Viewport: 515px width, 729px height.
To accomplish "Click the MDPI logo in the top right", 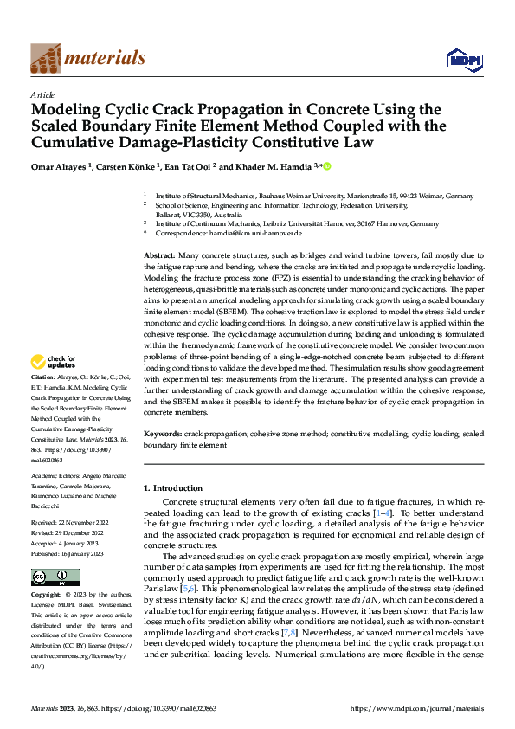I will (460, 59).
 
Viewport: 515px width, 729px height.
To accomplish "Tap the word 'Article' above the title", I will (42, 94).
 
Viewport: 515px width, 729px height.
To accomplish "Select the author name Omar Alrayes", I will (61, 166).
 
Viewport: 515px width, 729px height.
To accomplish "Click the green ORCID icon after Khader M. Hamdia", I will (326, 165).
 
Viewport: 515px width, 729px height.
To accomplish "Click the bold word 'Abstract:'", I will (159, 257).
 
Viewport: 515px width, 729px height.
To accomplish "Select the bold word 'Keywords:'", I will (162, 432).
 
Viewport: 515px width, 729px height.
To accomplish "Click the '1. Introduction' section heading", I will (174, 488).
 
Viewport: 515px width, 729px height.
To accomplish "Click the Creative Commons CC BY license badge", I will (55, 577).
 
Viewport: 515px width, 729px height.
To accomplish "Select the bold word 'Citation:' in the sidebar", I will (42, 403).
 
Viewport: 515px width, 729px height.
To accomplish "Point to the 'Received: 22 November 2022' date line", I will (68, 521).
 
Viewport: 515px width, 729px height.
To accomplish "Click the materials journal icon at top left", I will (46, 58).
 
